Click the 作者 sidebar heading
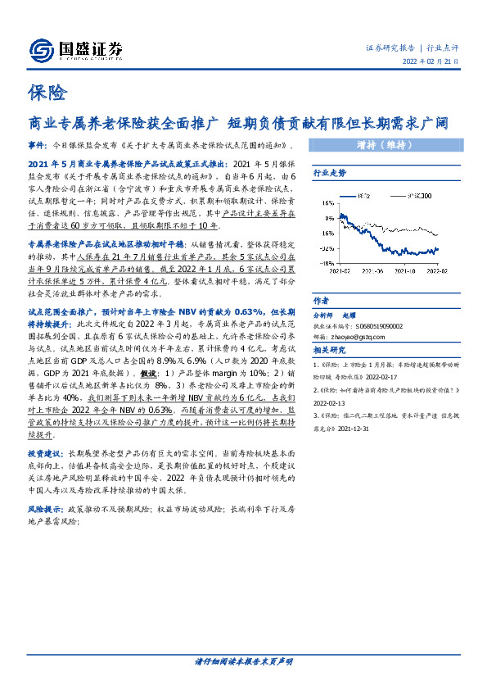coord(321,300)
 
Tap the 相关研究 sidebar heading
coord(329,351)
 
